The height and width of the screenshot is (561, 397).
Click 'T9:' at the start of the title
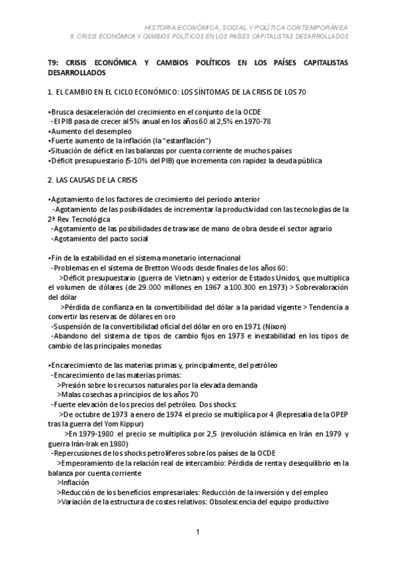[55, 62]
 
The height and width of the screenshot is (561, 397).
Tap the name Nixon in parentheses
[275, 326]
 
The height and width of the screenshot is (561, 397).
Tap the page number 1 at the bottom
[198, 532]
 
